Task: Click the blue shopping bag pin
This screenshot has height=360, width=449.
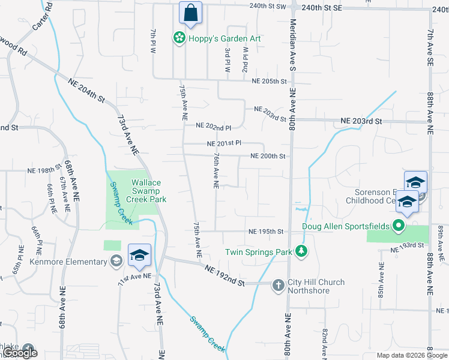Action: point(190,14)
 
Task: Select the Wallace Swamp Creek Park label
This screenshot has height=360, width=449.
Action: point(142,191)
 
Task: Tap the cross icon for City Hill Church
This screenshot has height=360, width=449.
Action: point(278,285)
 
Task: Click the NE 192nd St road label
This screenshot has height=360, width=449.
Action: point(225,275)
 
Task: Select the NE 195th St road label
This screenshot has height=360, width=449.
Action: point(265,232)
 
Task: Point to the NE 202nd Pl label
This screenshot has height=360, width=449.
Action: point(214,126)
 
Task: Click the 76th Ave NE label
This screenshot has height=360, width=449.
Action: point(214,170)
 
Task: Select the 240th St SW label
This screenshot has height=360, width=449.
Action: point(267,6)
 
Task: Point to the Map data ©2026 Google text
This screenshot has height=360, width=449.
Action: point(411,355)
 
